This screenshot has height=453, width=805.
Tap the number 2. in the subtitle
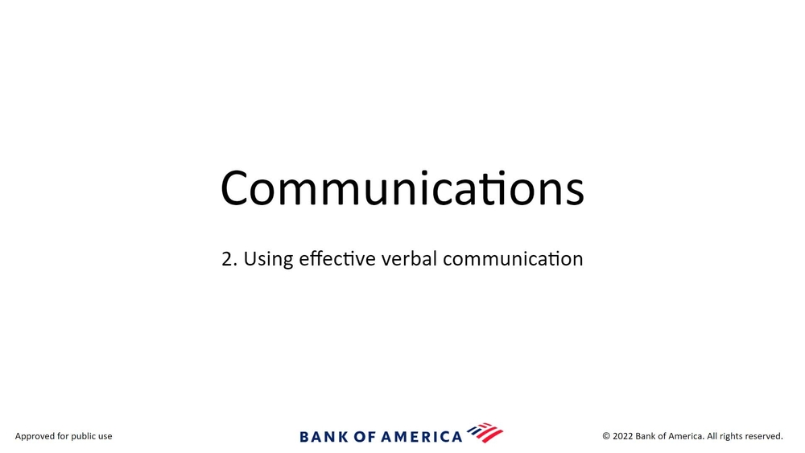[229, 259]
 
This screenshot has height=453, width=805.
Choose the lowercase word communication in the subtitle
[513, 258]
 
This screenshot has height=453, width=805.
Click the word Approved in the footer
[35, 437]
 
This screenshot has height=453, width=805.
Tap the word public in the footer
[84, 437]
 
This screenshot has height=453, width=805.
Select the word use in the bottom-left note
[105, 437]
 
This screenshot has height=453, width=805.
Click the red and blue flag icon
[485, 433]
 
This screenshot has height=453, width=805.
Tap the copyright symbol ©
[606, 437]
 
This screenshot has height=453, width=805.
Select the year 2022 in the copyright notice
[623, 436]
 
